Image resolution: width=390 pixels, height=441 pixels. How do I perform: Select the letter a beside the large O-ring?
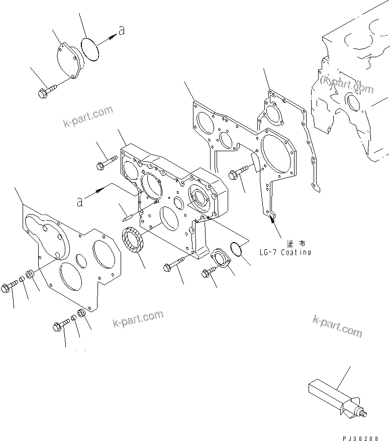[122, 31]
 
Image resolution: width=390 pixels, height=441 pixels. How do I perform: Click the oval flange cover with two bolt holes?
[220, 257]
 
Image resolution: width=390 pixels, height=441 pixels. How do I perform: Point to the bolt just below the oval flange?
[209, 272]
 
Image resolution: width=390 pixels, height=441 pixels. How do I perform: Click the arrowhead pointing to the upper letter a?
[110, 35]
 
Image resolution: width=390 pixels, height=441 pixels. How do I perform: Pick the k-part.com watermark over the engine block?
[348, 85]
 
